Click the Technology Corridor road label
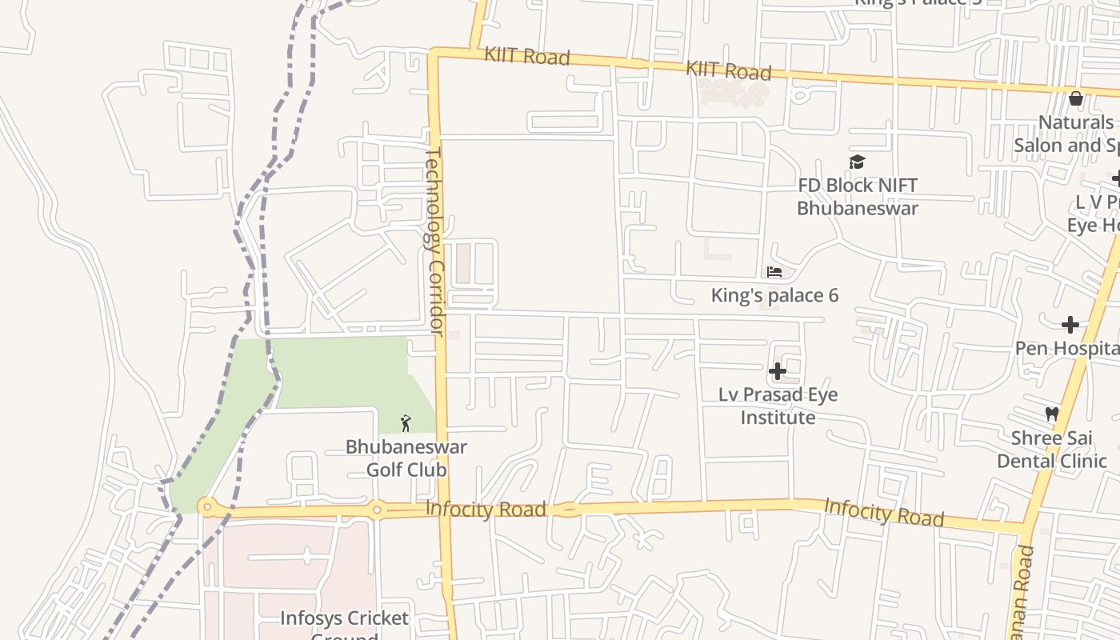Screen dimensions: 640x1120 point(434,240)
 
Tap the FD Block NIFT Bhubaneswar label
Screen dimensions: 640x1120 point(857,197)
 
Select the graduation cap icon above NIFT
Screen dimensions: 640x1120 point(858,162)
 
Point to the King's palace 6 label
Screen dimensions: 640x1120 point(774,295)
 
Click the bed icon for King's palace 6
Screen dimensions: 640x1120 point(774,272)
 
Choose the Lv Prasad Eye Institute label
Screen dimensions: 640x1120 point(777,406)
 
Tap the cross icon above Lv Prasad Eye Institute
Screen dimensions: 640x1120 point(777,371)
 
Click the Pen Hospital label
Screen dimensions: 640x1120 point(1066,348)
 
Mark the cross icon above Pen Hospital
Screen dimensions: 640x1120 point(1070,325)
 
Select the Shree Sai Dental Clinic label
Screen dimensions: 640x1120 point(1051,450)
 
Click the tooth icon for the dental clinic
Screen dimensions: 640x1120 point(1052,414)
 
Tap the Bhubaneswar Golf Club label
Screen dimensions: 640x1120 point(406,458)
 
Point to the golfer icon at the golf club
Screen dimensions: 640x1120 point(406,423)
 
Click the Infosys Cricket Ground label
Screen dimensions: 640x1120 point(344,624)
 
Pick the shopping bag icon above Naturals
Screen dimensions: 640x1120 point(1076,98)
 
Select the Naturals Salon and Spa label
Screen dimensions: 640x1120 point(1068,134)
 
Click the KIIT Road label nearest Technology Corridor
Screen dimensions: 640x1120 point(526,57)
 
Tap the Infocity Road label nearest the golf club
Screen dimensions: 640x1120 point(486,510)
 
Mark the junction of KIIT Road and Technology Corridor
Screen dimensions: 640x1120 point(434,54)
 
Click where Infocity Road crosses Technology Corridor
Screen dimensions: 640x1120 point(442,510)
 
